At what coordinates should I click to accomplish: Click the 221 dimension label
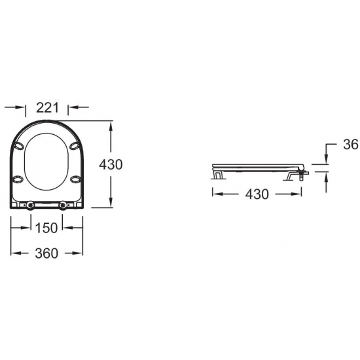coord(48,107)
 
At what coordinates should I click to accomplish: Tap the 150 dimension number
coord(46,228)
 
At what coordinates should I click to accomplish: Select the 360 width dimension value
coord(46,253)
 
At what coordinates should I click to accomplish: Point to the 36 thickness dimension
coord(351,145)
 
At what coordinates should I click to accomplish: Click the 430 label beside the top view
coord(111,164)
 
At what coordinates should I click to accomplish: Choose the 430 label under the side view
coord(257,194)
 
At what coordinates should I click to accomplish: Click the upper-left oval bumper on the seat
coord(18,146)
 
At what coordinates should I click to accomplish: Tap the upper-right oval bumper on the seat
coord(75,146)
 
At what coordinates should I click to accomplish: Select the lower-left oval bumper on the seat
coord(18,179)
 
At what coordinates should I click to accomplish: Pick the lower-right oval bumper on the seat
coord(75,179)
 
